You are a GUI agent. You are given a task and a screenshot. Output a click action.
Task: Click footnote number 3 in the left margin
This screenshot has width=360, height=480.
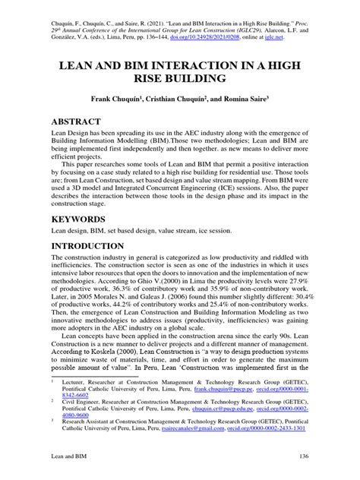52,419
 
